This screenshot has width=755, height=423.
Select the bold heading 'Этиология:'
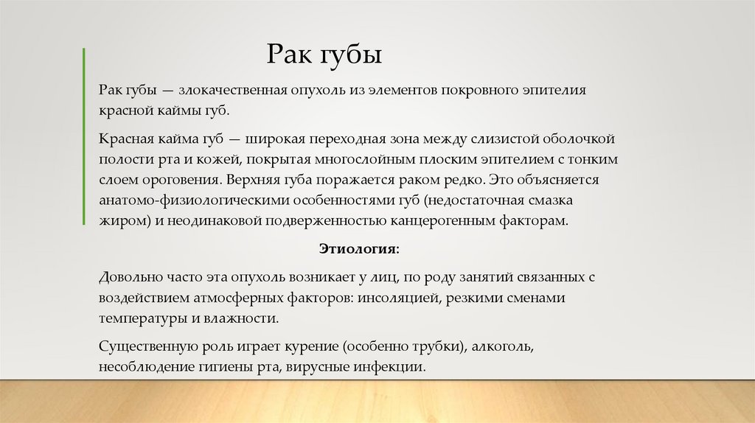pyautogui.click(x=359, y=249)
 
